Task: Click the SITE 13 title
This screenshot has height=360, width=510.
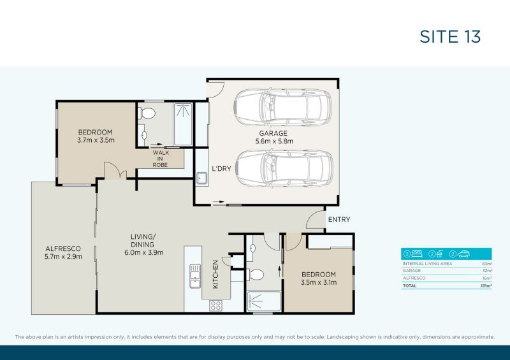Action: tap(450, 36)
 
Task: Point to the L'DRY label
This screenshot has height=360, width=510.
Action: tap(221, 169)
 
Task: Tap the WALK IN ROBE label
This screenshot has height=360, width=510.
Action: tap(160, 159)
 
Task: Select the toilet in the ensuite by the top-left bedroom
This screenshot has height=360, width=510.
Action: tap(148, 113)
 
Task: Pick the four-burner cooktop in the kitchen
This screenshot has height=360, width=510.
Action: tap(215, 305)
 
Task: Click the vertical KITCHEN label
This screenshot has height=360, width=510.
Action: tap(216, 274)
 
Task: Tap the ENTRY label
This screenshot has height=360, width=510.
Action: tap(339, 220)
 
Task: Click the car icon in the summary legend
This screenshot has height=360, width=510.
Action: tap(463, 254)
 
